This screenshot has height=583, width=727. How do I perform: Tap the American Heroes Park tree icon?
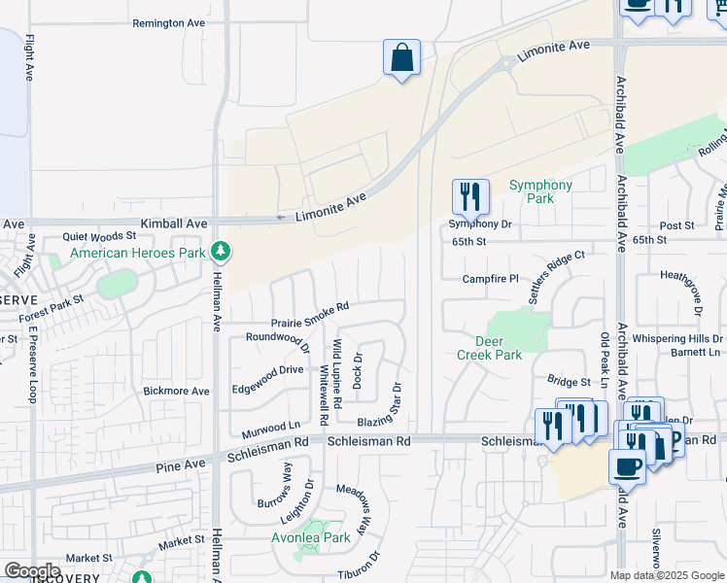[222, 253]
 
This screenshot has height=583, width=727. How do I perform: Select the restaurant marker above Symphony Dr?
[470, 196]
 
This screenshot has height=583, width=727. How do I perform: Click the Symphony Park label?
[541, 191]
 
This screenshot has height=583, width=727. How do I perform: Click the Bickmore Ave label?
[176, 391]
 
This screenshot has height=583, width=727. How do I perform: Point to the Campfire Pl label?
[491, 279]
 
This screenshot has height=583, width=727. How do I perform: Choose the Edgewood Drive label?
[267, 370]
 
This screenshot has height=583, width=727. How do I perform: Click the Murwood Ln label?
[271, 427]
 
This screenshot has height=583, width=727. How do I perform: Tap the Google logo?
[31, 571]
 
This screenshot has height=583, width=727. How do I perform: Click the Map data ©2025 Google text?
[667, 575]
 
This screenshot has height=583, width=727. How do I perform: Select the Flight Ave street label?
[31, 58]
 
